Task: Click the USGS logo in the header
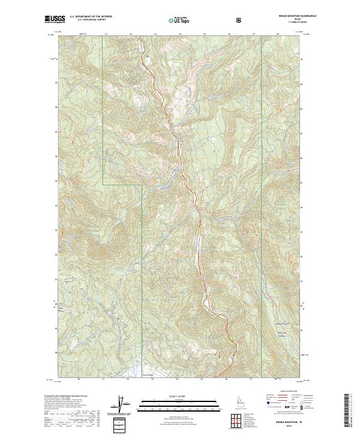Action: (55, 20)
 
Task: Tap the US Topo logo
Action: (180, 20)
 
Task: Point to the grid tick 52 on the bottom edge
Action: (128, 379)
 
